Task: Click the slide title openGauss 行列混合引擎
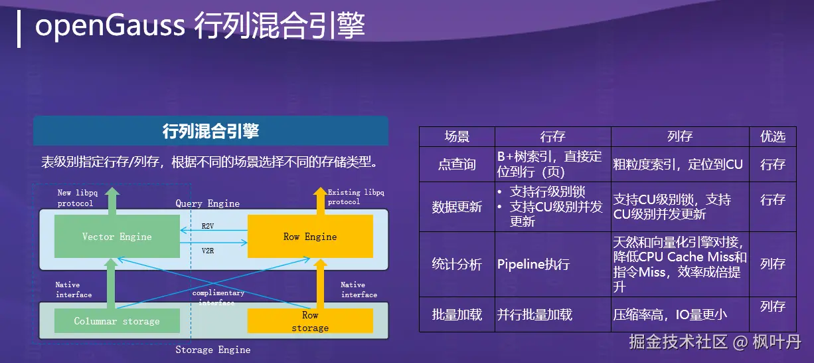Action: pyautogui.click(x=199, y=27)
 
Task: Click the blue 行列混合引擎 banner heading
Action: pyautogui.click(x=210, y=131)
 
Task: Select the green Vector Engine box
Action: pyautogui.click(x=117, y=237)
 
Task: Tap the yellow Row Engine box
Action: pyautogui.click(x=310, y=237)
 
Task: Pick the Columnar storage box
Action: pyautogui.click(x=117, y=321)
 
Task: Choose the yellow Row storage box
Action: pyautogui.click(x=310, y=321)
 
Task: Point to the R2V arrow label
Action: pyautogui.click(x=208, y=227)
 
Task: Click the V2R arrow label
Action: pyautogui.click(x=208, y=251)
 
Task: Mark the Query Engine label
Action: pyautogui.click(x=207, y=203)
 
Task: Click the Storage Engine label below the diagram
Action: pyautogui.click(x=212, y=350)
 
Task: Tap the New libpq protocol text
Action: pyautogui.click(x=76, y=198)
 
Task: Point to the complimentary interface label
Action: pyautogui.click(x=218, y=297)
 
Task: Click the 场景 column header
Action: pyautogui.click(x=457, y=136)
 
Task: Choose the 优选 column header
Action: pyautogui.click(x=773, y=136)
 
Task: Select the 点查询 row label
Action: pyautogui.click(x=457, y=164)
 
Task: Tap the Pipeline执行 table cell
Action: pyautogui.click(x=533, y=265)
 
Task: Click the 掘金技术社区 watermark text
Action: pyautogui.click(x=678, y=342)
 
